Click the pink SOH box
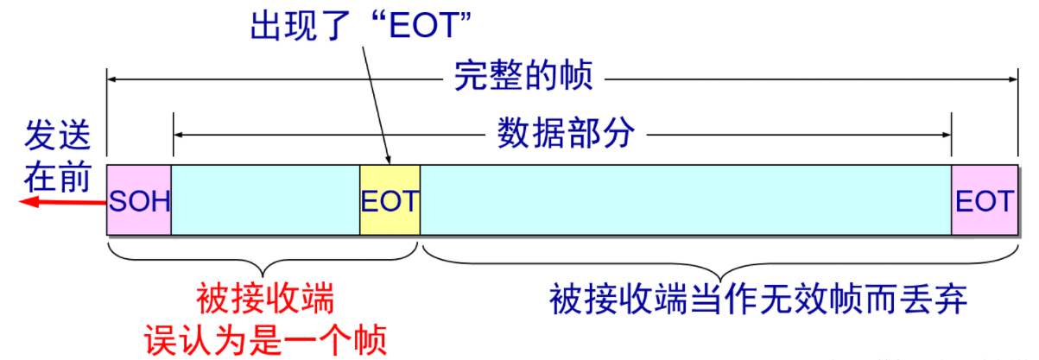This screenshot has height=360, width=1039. [x=139, y=200]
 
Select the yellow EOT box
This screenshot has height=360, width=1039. [x=390, y=200]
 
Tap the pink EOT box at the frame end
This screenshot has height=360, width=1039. [x=984, y=200]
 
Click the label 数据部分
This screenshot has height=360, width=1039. [x=566, y=134]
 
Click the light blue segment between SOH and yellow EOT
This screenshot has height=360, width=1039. [x=265, y=200]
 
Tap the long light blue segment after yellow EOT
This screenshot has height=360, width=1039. [x=685, y=200]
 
